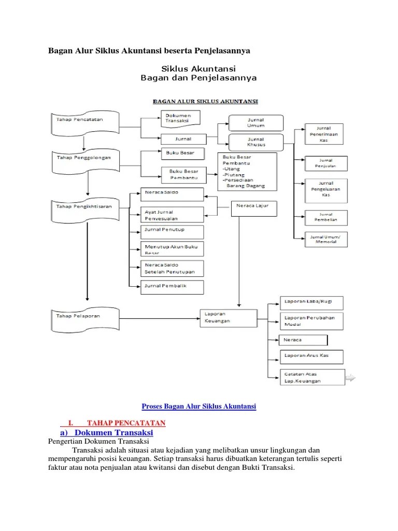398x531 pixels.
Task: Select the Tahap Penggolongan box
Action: tap(86, 158)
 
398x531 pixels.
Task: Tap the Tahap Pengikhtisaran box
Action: tap(86, 206)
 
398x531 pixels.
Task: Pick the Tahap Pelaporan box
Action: tap(86, 316)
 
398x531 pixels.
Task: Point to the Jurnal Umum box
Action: tap(255, 122)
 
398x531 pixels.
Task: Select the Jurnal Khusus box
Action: tap(255, 142)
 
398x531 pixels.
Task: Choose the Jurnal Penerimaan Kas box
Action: tap(325, 134)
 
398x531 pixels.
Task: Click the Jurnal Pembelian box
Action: tap(325, 217)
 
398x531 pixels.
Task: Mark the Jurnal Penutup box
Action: tap(172, 230)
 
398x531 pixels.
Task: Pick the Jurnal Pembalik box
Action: tap(172, 286)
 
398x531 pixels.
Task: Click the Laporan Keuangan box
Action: tap(228, 317)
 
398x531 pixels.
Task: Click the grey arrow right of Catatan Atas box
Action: tap(350, 378)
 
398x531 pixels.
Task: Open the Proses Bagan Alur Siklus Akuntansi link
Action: tap(199, 407)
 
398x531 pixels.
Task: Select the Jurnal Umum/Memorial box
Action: tap(329, 239)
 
